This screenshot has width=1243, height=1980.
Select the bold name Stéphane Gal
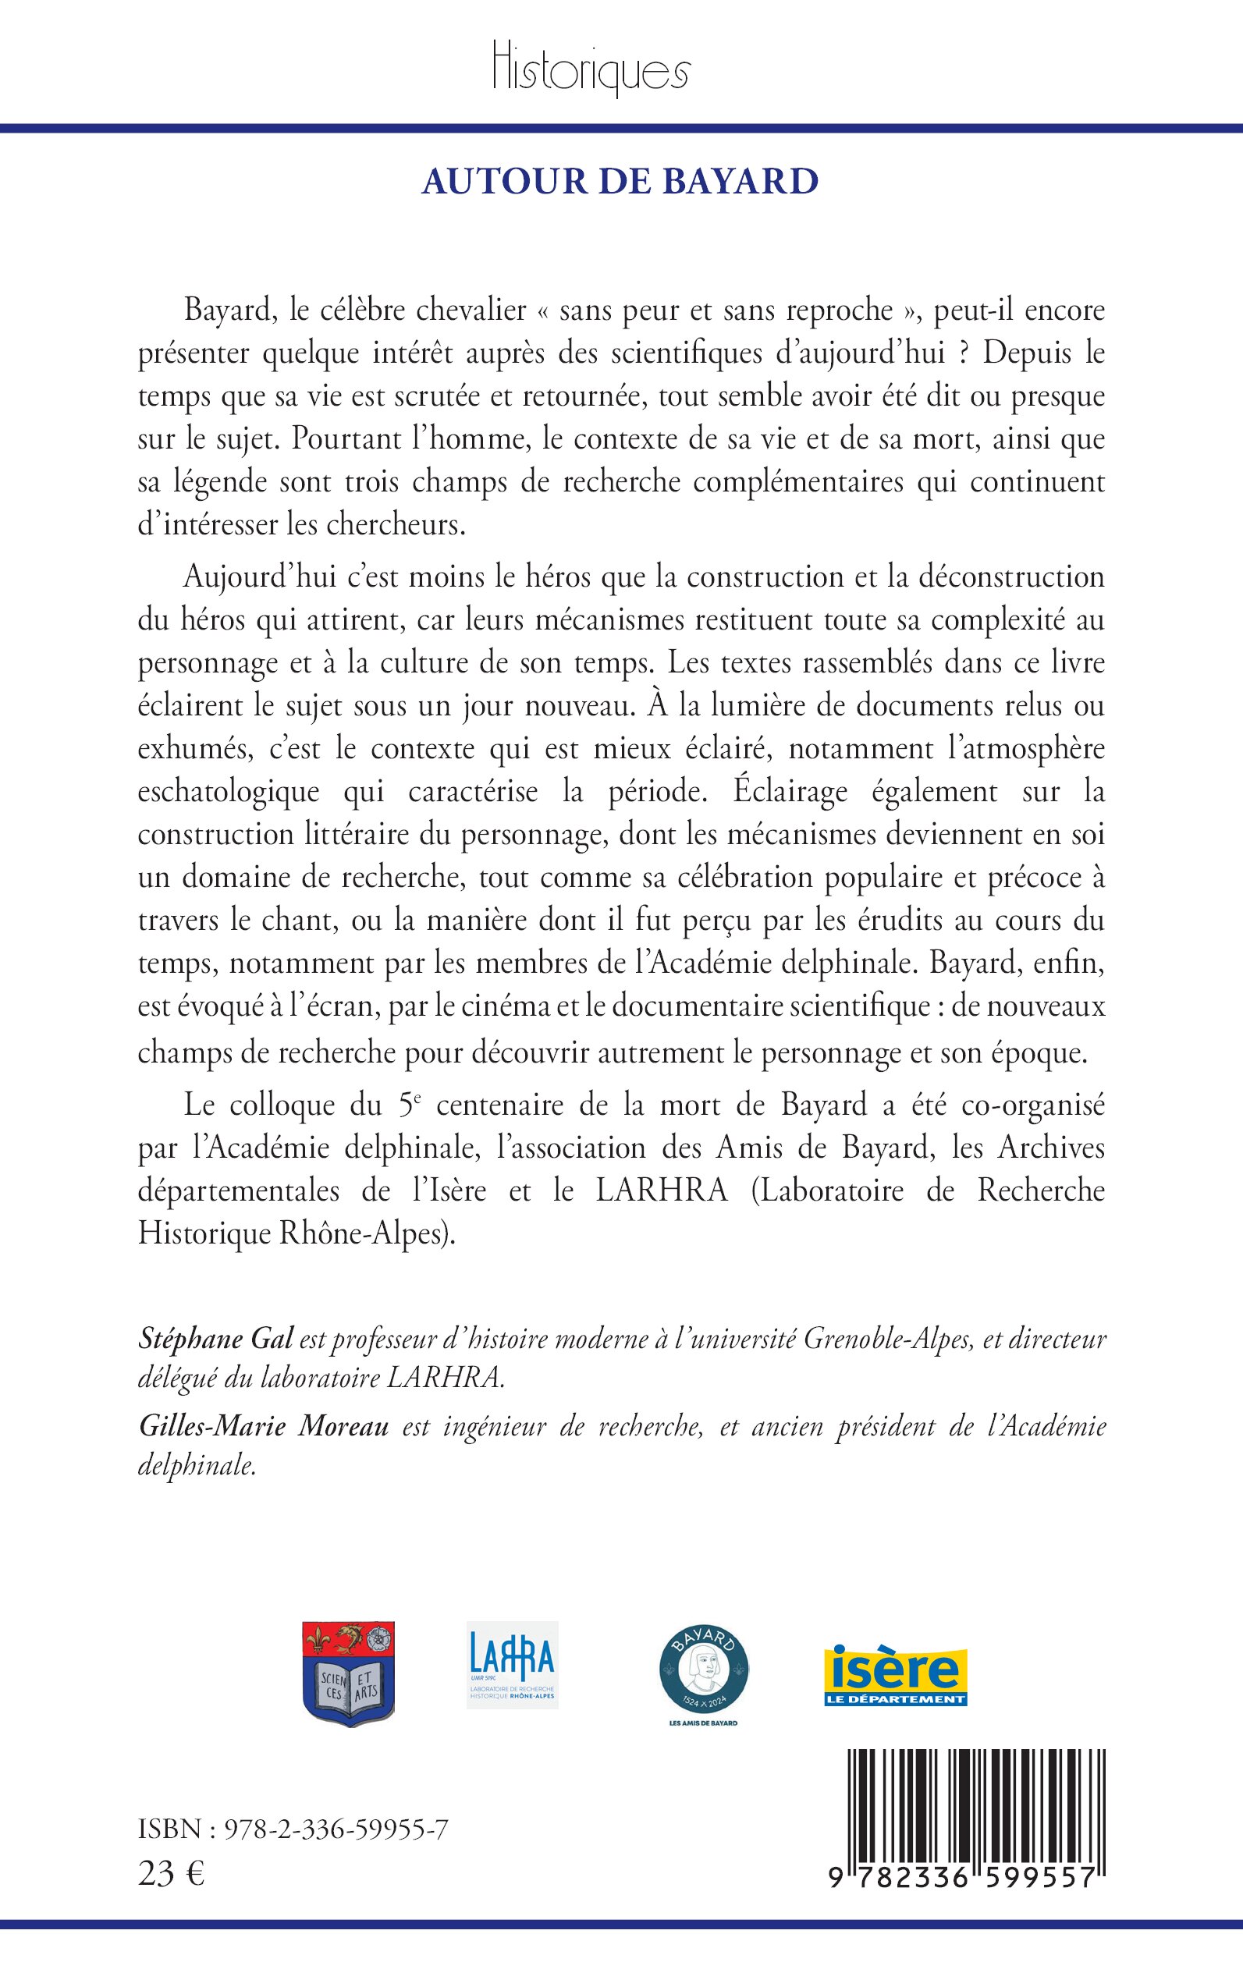click(215, 1339)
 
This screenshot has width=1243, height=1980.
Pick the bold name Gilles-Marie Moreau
click(264, 1427)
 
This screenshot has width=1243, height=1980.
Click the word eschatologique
click(229, 792)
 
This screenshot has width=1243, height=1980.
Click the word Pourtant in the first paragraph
click(332, 439)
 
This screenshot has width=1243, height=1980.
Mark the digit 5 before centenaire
click(404, 1105)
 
